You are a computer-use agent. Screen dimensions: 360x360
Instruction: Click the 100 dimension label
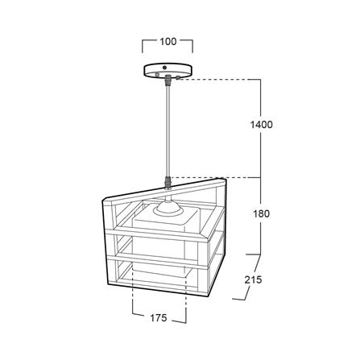[168, 42]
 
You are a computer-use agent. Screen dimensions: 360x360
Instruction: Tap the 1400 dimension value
[261, 125]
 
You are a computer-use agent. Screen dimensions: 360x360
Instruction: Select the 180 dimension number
[261, 214]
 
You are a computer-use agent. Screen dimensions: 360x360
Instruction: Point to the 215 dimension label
[253, 279]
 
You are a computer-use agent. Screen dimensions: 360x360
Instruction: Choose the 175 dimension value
[159, 318]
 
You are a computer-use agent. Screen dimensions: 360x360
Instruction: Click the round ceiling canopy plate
[165, 70]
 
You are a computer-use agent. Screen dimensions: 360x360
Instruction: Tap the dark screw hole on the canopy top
[165, 67]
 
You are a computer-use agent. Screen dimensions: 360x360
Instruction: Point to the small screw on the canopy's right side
[177, 78]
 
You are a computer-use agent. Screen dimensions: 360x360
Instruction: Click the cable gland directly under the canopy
[168, 80]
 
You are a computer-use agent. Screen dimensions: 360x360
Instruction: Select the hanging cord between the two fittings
[168, 131]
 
